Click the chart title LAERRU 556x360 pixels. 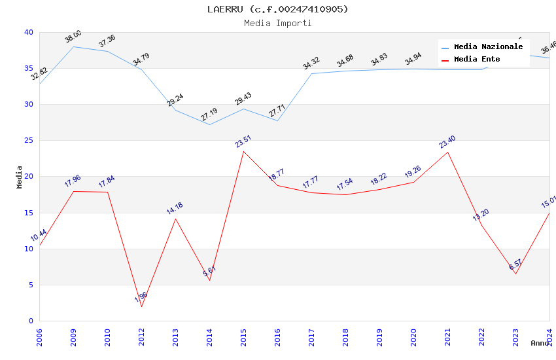[x=278, y=9]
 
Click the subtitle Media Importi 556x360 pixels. [x=278, y=23]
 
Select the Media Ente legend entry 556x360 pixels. [x=477, y=60]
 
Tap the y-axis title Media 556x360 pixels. [x=20, y=177]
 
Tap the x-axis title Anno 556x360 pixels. [x=540, y=343]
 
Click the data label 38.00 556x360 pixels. [x=73, y=37]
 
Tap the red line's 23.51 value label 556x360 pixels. [x=243, y=141]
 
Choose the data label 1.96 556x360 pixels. [x=141, y=297]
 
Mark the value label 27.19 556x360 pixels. [x=209, y=115]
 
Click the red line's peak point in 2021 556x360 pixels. [x=447, y=152]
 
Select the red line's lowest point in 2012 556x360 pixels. [x=141, y=306]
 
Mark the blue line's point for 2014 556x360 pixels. [x=209, y=124]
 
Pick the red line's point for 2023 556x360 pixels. [x=515, y=274]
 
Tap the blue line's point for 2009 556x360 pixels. [x=73, y=46]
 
